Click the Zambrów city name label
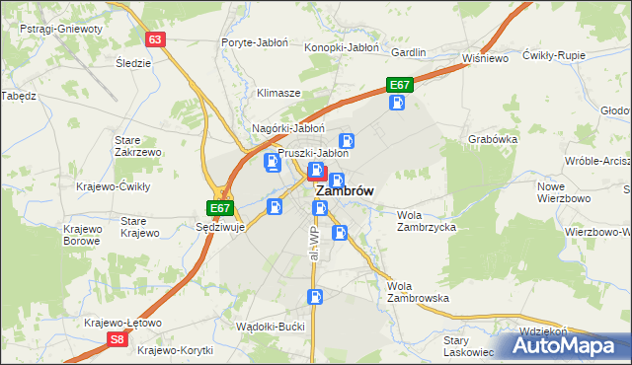[x=337, y=193]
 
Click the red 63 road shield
[x=154, y=39]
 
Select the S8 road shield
[x=118, y=339]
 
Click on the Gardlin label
[x=408, y=52]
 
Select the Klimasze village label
[x=278, y=93]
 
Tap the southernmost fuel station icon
[x=315, y=296]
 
